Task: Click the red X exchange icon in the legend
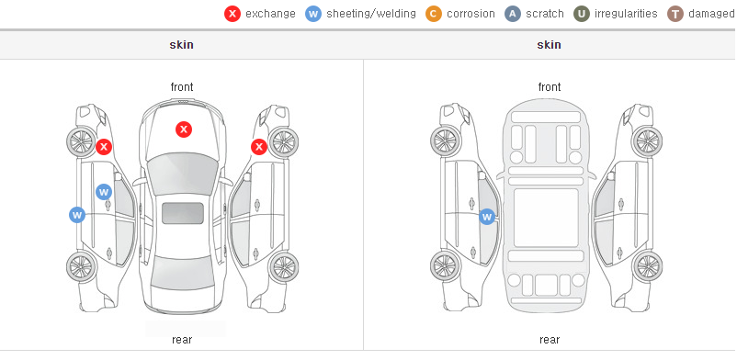pos(232,14)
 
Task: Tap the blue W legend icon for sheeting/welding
pos(313,14)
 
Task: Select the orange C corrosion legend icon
pos(434,14)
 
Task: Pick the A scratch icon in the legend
pos(513,14)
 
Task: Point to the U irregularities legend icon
pos(582,14)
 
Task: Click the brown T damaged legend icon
pos(675,14)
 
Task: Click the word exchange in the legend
pos(270,14)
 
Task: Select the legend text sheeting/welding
pos(371,14)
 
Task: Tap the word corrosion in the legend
pos(471,14)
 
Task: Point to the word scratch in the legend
pos(545,14)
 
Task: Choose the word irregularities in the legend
pos(626,14)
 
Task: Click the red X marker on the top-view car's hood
pos(184,129)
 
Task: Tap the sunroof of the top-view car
pos(183,213)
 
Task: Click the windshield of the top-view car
pos(182,174)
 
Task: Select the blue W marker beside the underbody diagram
pos(487,217)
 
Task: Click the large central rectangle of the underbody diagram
pos(546,218)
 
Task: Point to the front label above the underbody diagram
pos(550,87)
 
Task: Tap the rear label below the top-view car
pos(182,340)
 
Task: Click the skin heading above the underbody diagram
pos(549,45)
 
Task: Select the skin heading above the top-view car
pos(181,45)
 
